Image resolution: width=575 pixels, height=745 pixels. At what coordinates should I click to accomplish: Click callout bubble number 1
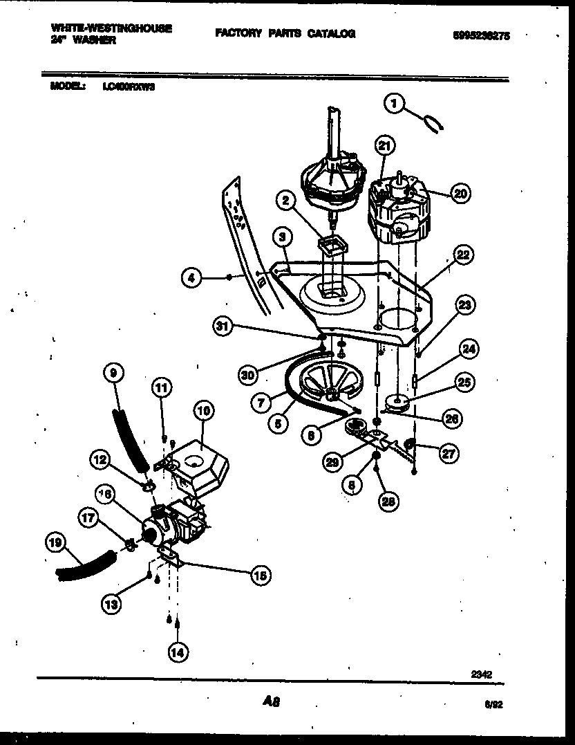click(395, 104)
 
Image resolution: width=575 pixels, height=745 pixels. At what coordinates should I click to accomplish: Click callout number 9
click(112, 373)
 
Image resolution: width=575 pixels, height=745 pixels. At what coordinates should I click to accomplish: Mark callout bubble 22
click(463, 255)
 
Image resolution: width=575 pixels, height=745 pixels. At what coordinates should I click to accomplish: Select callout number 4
click(192, 279)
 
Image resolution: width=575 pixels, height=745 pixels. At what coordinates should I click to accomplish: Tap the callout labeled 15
click(261, 574)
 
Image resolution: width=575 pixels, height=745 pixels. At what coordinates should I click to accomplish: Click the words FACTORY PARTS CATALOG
click(285, 33)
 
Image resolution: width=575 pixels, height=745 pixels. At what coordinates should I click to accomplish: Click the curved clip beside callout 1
click(431, 123)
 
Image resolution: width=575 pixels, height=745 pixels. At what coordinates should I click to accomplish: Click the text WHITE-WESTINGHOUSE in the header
click(111, 28)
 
